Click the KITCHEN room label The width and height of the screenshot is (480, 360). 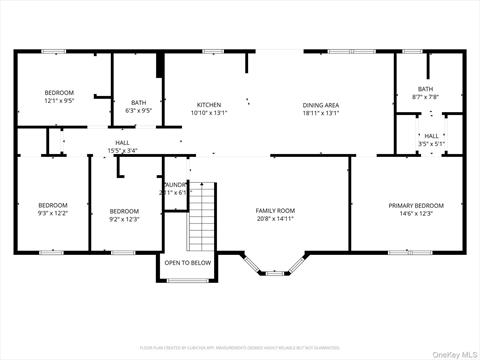(x=209, y=105)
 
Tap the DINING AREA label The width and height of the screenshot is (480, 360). (x=321, y=105)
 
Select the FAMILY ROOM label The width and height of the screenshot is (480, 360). (x=275, y=210)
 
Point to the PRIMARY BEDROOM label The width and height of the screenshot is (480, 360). (x=414, y=205)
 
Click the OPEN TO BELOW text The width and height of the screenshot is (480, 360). (x=188, y=262)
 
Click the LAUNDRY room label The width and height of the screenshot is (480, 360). (x=175, y=185)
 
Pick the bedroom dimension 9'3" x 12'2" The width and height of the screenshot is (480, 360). (x=53, y=213)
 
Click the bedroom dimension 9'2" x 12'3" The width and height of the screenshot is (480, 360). (x=124, y=218)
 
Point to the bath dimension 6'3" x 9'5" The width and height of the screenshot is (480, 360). (x=139, y=110)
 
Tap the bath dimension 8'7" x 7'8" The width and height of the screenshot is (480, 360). (x=426, y=97)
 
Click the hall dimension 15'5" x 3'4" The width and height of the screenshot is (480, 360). (x=122, y=151)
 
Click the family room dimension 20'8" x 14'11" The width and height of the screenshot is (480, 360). (x=275, y=218)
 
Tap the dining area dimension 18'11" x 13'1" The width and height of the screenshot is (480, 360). (x=321, y=113)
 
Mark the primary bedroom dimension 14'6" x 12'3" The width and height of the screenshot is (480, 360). (x=414, y=213)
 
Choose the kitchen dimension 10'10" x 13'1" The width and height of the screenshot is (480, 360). (x=209, y=113)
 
